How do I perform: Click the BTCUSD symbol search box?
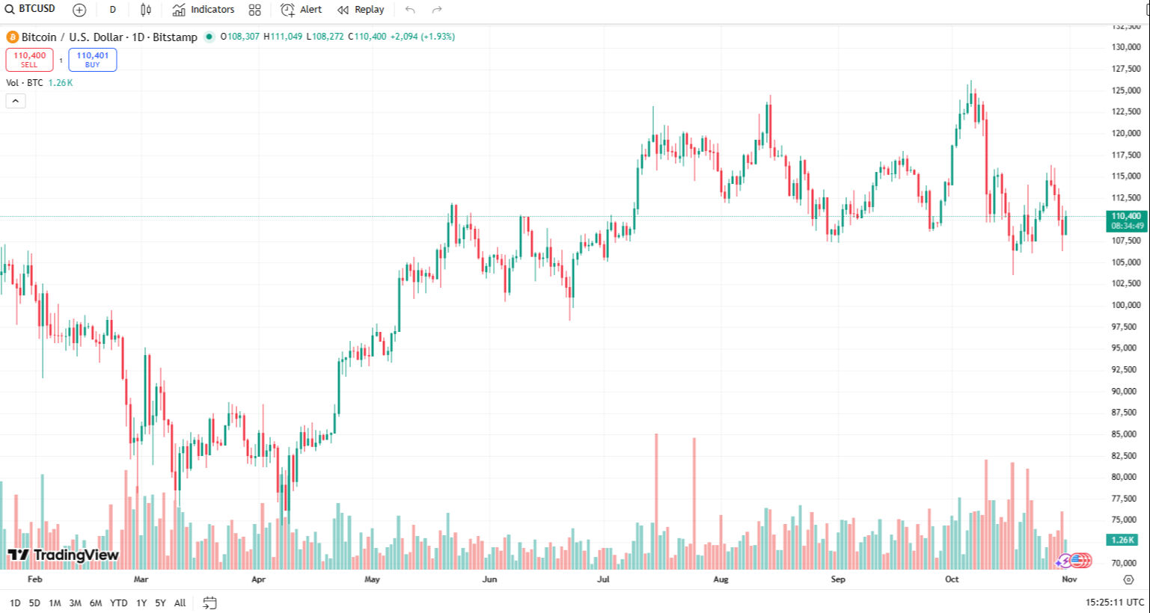tap(31, 9)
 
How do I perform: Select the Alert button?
tap(302, 10)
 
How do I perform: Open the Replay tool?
tap(361, 10)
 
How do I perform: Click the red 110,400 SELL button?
tap(29, 59)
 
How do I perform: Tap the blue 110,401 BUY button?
tap(92, 59)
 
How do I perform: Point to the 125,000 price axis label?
tap(1125, 90)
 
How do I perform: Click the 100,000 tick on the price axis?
tap(1125, 305)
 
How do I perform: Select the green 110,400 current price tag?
tap(1127, 221)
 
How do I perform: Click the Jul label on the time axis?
tap(603, 579)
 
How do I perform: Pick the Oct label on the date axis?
tap(951, 579)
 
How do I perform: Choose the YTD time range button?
tap(118, 603)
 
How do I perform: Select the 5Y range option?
tap(160, 603)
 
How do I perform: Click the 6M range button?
tap(96, 603)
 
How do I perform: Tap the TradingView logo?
tap(64, 555)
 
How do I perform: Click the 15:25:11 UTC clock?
tap(1114, 603)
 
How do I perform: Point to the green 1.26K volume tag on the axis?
tap(1122, 540)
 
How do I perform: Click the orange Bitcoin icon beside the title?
tap(12, 37)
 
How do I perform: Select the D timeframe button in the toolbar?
tap(112, 10)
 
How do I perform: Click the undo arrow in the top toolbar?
tap(410, 10)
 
